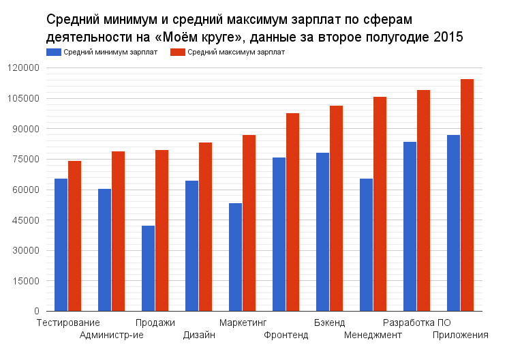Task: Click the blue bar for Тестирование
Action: (61, 245)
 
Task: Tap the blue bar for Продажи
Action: (148, 269)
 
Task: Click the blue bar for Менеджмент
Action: (366, 245)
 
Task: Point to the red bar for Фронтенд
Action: (292, 212)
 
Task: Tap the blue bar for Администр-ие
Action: (104, 250)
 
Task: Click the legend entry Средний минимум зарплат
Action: (102, 52)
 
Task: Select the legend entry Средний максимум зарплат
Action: (228, 52)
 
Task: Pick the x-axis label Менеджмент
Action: (373, 335)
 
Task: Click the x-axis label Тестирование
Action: (68, 322)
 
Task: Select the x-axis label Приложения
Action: (461, 335)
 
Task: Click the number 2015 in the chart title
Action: (448, 37)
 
